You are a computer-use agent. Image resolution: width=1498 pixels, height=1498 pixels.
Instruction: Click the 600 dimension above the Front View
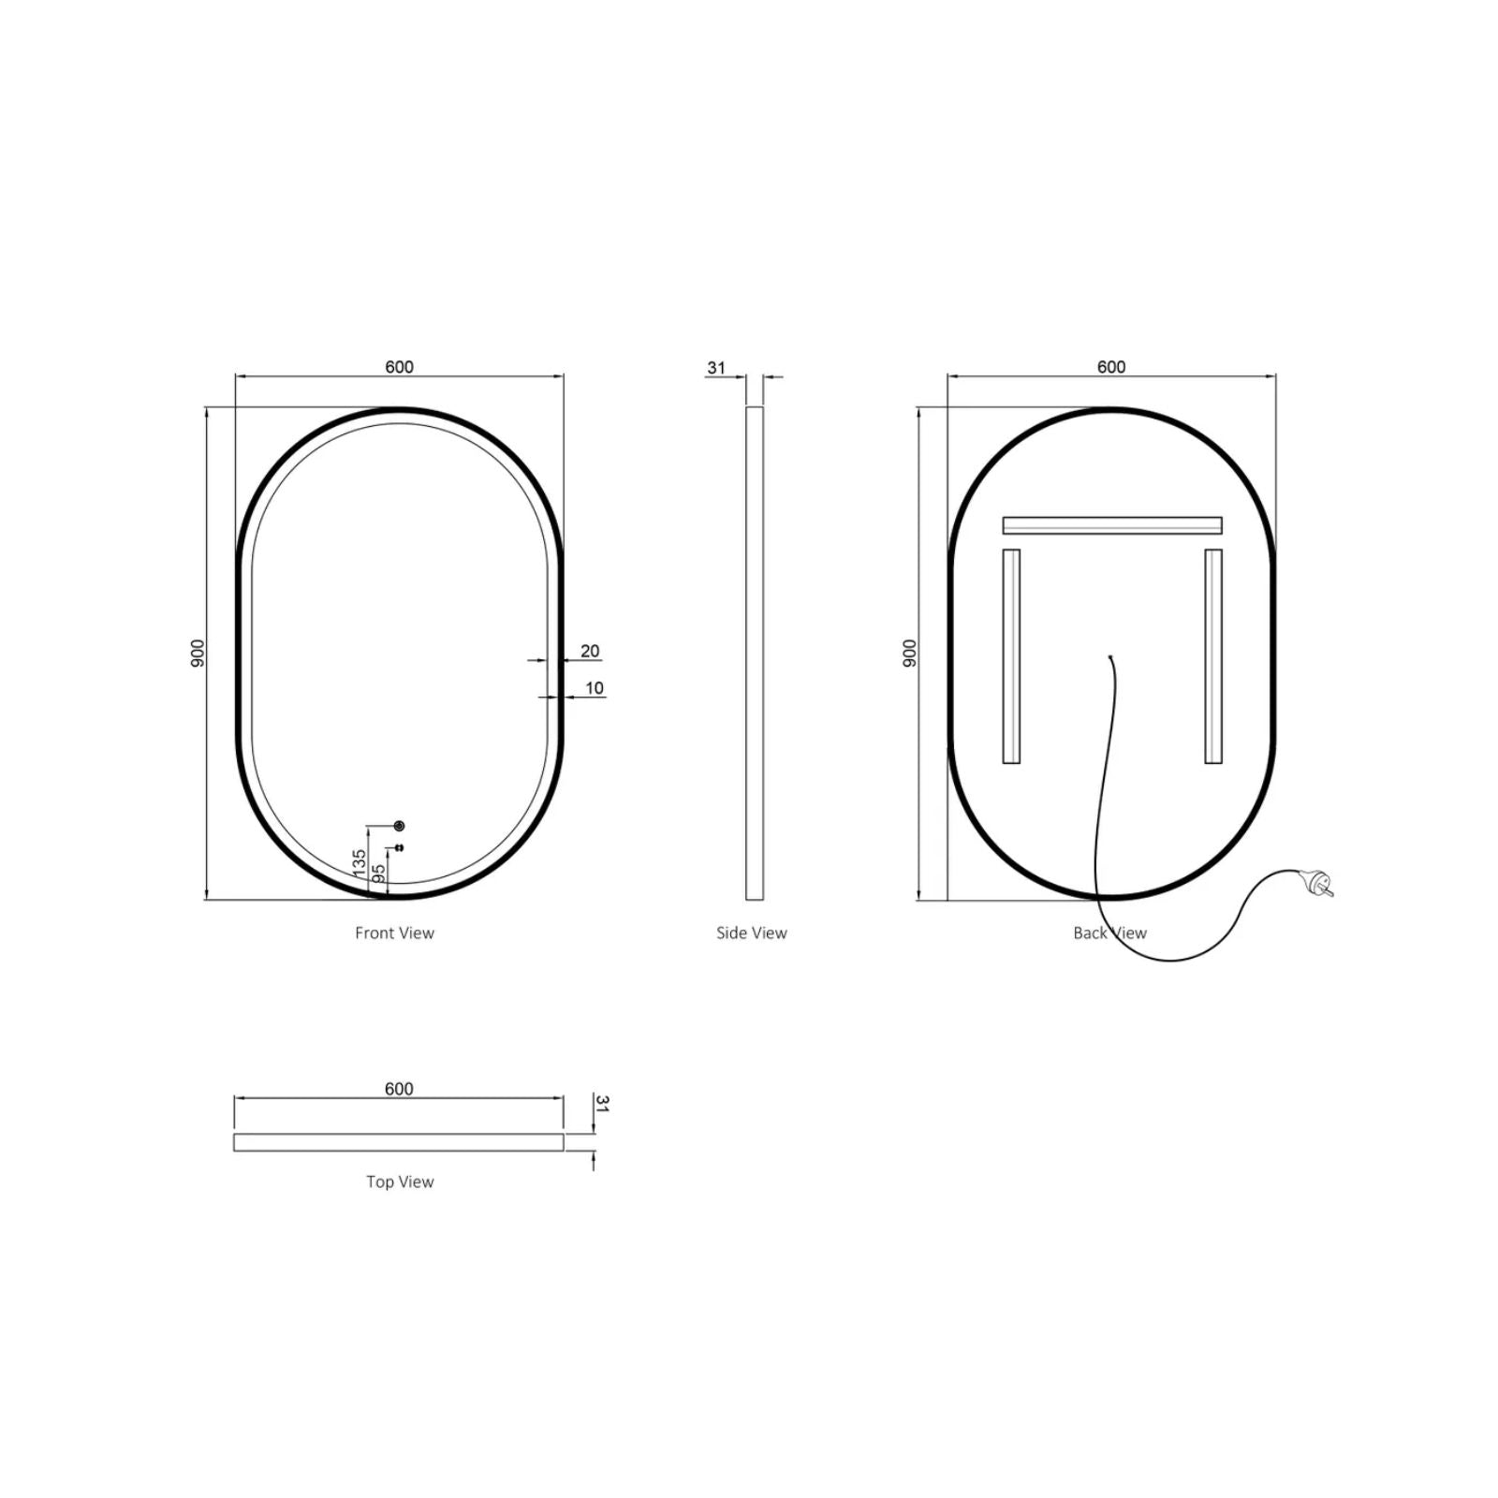[399, 367]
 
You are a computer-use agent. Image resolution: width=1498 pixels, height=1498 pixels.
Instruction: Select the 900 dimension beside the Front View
[198, 653]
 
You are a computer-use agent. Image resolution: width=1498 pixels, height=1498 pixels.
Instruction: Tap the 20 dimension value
[590, 651]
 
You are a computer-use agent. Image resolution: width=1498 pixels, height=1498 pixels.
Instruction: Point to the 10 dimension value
[595, 688]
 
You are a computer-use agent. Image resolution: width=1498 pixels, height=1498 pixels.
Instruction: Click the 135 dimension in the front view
[360, 862]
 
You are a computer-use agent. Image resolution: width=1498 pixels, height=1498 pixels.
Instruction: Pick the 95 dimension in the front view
[379, 873]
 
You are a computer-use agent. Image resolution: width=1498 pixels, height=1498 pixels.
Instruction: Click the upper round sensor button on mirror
[400, 826]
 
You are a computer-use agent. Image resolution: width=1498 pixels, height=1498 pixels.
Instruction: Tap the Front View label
[394, 933]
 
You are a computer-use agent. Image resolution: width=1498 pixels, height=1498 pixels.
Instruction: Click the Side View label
[751, 933]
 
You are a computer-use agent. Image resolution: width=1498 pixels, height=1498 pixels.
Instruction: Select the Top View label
[400, 1182]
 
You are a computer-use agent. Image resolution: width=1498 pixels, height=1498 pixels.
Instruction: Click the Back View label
[1109, 933]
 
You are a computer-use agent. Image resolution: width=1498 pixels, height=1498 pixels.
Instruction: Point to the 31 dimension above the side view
[716, 368]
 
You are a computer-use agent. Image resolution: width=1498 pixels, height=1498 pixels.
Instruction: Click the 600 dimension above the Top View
[399, 1089]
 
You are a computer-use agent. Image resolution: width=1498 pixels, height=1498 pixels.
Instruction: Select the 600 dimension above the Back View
[1111, 367]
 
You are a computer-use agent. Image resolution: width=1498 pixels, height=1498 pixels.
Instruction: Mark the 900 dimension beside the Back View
[910, 653]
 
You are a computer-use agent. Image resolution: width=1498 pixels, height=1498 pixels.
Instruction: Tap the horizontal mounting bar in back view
[1112, 525]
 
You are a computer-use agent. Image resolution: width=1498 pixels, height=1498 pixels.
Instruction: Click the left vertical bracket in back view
[1011, 655]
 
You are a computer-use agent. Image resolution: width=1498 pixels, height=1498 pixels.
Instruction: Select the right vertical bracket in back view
[1213, 655]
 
